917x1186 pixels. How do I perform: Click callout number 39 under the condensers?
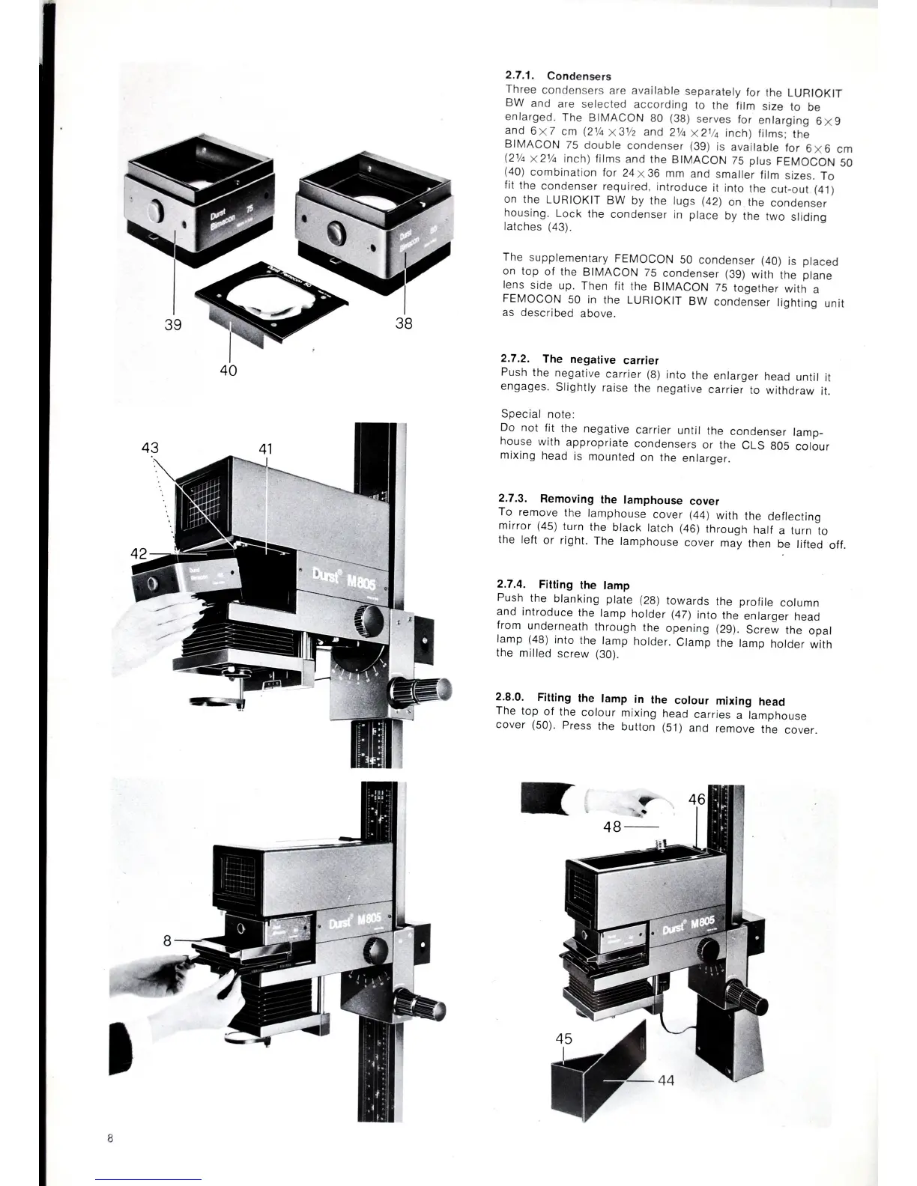(x=173, y=324)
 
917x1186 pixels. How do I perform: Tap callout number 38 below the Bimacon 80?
(x=403, y=323)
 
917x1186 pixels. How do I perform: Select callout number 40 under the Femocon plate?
(x=229, y=370)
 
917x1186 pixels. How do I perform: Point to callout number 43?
(x=151, y=447)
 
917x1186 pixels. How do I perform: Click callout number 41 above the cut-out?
(x=265, y=449)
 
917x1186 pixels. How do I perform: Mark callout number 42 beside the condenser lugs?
(x=139, y=554)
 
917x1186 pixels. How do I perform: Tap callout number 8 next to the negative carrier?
(x=169, y=940)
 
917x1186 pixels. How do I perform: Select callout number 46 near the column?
(x=697, y=799)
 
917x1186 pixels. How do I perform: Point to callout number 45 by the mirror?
(x=564, y=1038)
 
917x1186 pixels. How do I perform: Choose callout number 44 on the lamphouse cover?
(x=666, y=1080)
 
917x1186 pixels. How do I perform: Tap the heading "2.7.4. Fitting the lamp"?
(x=563, y=585)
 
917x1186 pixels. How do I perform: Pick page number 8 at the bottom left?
(x=109, y=1138)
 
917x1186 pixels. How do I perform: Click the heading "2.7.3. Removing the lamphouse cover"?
(x=608, y=499)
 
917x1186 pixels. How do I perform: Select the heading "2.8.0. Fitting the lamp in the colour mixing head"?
(x=641, y=700)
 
